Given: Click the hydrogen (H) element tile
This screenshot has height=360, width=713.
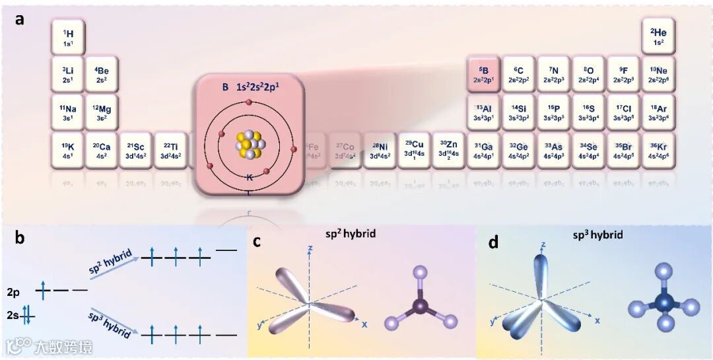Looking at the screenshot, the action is [67, 37].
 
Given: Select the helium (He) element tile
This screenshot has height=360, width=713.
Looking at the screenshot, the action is [658, 37].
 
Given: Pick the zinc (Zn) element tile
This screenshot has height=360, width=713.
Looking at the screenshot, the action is [448, 150].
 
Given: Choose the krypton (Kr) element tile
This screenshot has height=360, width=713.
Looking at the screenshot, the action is [658, 150].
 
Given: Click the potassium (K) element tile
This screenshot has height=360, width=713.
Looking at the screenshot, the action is [67, 150].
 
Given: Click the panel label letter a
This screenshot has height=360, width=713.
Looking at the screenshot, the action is [20, 19].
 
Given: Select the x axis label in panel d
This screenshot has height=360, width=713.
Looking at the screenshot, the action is [597, 320].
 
